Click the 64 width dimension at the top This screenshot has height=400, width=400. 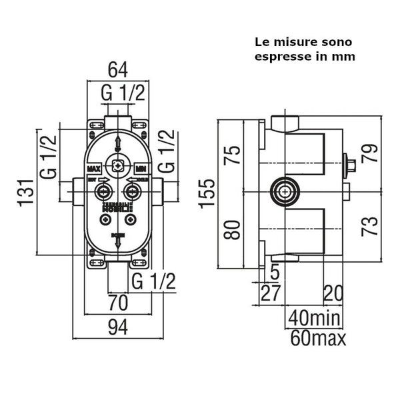117,69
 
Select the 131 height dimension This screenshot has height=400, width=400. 26,194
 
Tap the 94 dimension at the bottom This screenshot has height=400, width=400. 117,327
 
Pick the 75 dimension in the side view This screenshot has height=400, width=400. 231,156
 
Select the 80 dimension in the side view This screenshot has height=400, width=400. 231,230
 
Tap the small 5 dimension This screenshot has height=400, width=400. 275,270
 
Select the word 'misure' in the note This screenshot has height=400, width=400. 297,42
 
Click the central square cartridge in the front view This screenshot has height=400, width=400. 117,167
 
